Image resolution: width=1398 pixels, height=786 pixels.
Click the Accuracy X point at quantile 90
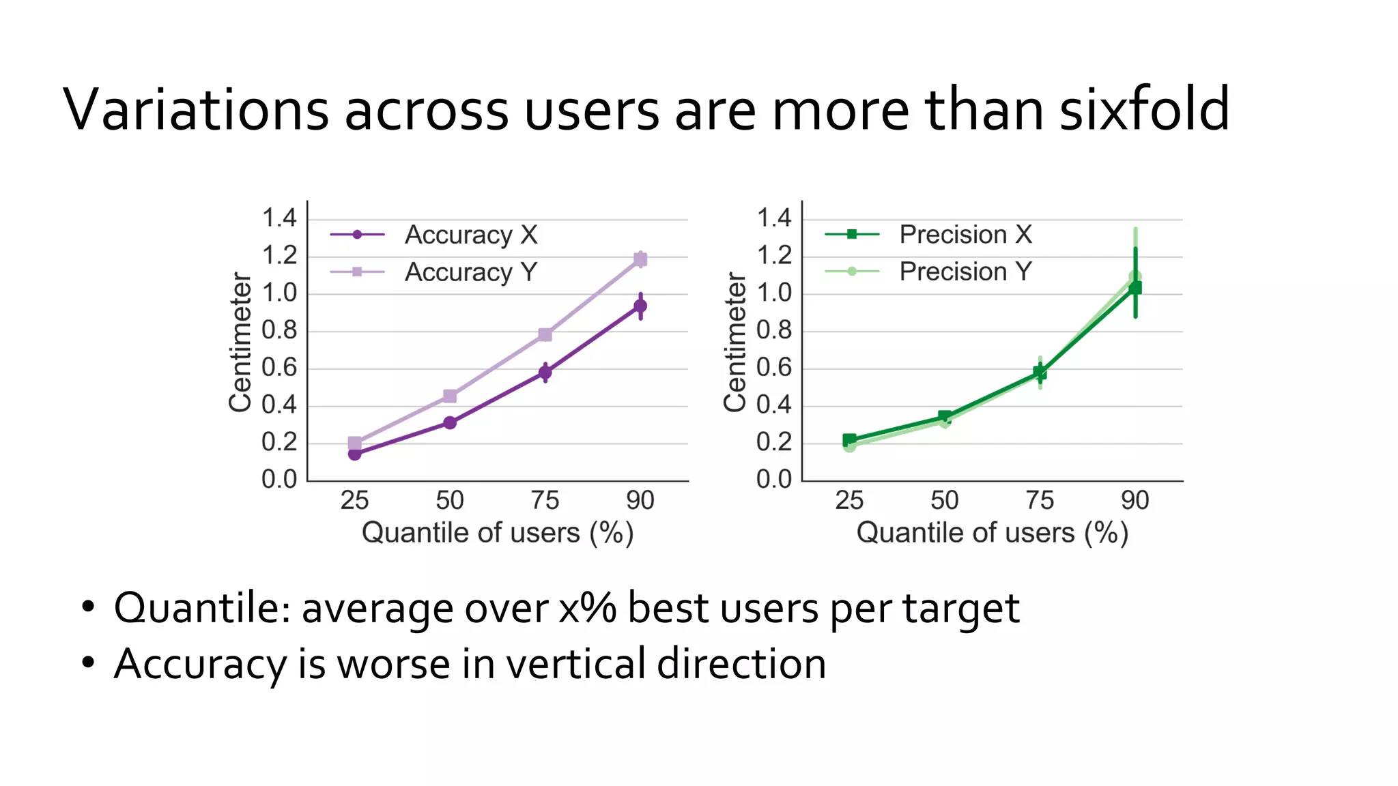pos(640,306)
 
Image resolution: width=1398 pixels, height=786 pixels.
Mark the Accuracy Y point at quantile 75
pos(545,334)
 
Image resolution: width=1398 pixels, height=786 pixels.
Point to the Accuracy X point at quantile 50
pos(450,423)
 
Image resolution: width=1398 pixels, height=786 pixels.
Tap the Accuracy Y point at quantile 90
pos(640,259)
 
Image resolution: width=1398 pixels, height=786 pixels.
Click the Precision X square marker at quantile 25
pos(849,439)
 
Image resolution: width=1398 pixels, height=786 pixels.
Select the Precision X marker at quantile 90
pos(1135,288)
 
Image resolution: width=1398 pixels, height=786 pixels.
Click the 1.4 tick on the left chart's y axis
pos(279,219)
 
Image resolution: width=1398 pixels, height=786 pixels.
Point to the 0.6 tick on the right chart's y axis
pos(774,368)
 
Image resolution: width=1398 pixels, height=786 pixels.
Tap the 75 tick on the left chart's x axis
pos(545,501)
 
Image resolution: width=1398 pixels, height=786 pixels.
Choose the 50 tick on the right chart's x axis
pos(944,501)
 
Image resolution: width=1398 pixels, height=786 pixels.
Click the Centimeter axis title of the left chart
pos(240,343)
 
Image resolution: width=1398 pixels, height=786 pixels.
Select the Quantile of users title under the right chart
pos(992,533)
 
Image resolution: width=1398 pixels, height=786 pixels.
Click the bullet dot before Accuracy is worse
pos(87,663)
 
